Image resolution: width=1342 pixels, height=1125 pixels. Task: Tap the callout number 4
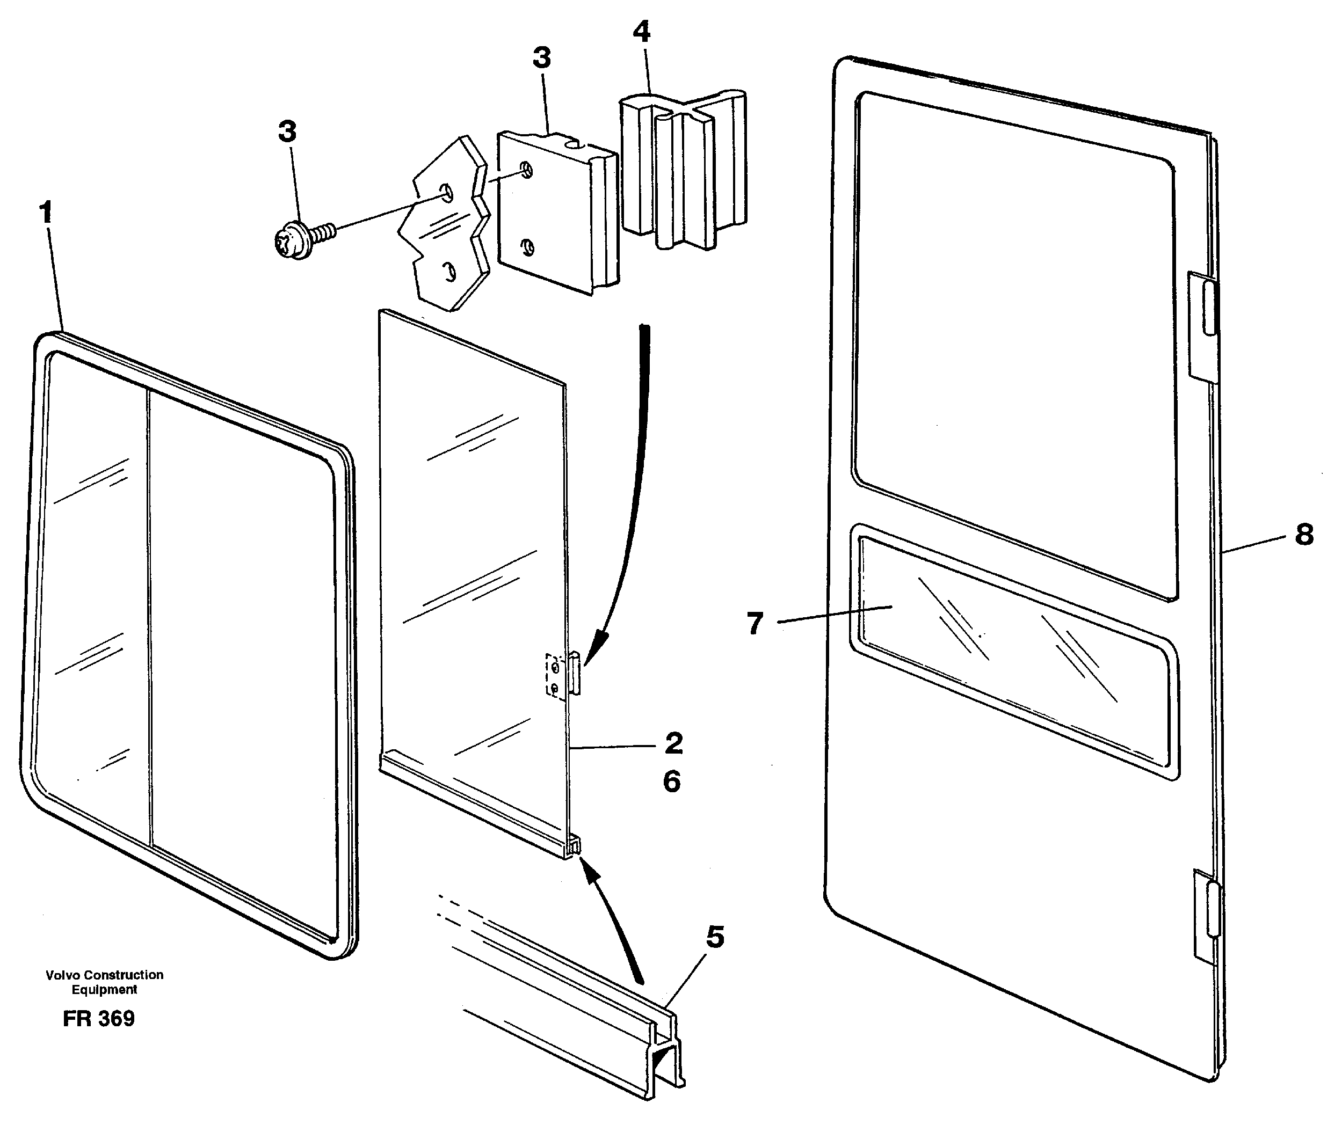642,32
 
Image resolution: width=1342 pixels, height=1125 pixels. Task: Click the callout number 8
1304,535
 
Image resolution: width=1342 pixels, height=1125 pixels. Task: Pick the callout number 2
673,743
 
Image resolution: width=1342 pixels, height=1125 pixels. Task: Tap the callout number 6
672,781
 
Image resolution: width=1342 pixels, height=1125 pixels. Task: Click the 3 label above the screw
287,132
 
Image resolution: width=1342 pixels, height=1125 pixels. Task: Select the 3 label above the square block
541,58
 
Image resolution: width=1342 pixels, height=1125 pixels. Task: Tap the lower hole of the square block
527,245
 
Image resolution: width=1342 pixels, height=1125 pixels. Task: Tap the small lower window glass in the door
1016,652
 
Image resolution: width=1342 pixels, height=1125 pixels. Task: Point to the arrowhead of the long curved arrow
594,646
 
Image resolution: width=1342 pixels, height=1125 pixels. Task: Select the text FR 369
98,1018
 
